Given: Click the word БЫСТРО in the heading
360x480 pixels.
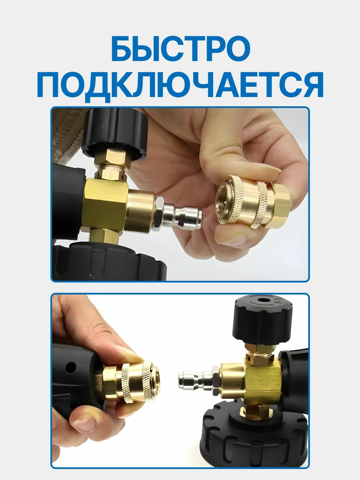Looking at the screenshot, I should [x=180, y=49].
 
